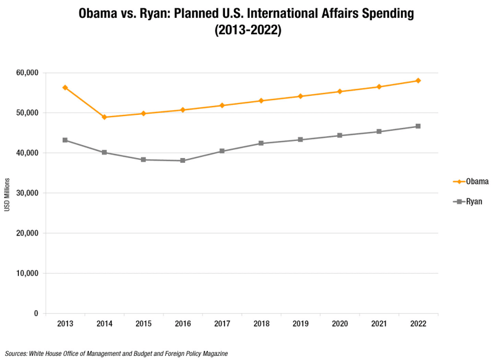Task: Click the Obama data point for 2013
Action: tap(65, 88)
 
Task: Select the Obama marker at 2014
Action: tap(104, 117)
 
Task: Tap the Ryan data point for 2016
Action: tap(182, 160)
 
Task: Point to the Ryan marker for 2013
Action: tap(65, 140)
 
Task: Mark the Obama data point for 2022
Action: tap(418, 81)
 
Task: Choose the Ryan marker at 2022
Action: tap(418, 126)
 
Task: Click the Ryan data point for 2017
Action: tap(222, 151)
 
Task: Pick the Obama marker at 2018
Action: tap(261, 101)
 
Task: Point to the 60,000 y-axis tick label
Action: tap(27, 73)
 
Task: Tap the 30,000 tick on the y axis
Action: tap(27, 193)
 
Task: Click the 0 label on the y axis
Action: tap(36, 314)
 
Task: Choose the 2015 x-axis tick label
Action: tap(143, 324)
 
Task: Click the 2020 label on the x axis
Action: tap(339, 324)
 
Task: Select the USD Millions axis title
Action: tap(7, 193)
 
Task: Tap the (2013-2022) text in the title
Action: tap(247, 31)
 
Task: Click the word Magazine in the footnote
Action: tap(211, 353)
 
